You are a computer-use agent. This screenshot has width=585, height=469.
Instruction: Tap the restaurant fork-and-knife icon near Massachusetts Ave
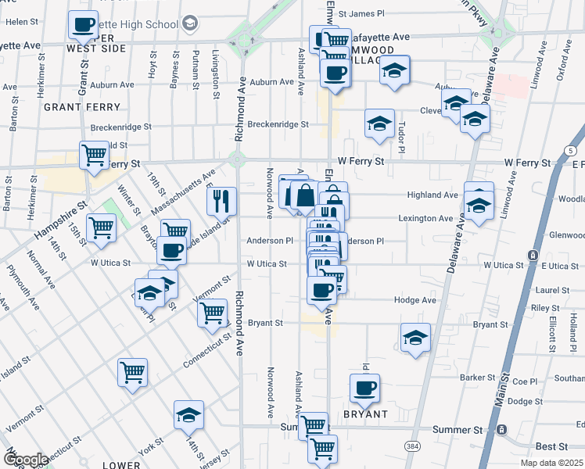221,199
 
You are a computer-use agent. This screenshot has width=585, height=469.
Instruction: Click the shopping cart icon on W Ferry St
95,153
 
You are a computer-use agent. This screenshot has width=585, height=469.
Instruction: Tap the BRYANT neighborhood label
365,414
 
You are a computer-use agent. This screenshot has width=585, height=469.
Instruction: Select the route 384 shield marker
411,446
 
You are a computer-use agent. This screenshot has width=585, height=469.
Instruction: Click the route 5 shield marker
571,149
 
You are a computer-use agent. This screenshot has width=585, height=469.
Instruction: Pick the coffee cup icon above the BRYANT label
364,386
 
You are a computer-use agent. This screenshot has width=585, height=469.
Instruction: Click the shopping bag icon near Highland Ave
306,193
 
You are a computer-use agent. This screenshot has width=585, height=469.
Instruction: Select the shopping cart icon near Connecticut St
132,371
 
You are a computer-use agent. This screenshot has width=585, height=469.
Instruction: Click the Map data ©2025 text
551,463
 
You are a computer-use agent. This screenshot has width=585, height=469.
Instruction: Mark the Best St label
552,446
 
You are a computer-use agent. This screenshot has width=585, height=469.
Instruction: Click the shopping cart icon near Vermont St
214,311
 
